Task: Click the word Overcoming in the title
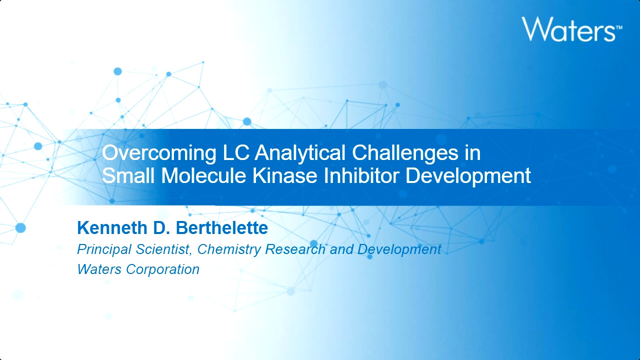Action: [159, 153]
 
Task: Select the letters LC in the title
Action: [235, 152]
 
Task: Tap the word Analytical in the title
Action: [300, 153]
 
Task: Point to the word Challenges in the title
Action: [405, 153]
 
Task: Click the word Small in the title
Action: [128, 175]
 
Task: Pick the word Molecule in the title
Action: [203, 175]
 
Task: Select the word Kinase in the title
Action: [284, 175]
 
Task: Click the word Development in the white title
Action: [468, 176]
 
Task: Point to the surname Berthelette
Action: [221, 227]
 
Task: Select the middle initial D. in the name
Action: [161, 227]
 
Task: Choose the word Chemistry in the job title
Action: [229, 249]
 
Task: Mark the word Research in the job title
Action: [295, 249]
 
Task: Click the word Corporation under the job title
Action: [162, 269]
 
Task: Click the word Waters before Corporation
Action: [99, 269]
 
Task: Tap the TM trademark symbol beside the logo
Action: [619, 27]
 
